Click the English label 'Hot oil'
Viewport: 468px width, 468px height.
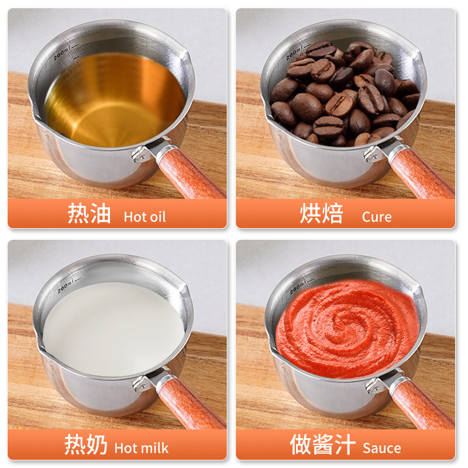144,217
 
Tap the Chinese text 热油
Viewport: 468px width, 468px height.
90,214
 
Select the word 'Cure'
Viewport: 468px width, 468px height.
377,217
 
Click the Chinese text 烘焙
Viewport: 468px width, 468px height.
321,214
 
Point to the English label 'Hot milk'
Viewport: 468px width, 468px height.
141,449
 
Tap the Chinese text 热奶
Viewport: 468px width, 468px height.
86,446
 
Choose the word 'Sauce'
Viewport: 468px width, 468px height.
381,449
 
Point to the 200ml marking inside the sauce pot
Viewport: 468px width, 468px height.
298,287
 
